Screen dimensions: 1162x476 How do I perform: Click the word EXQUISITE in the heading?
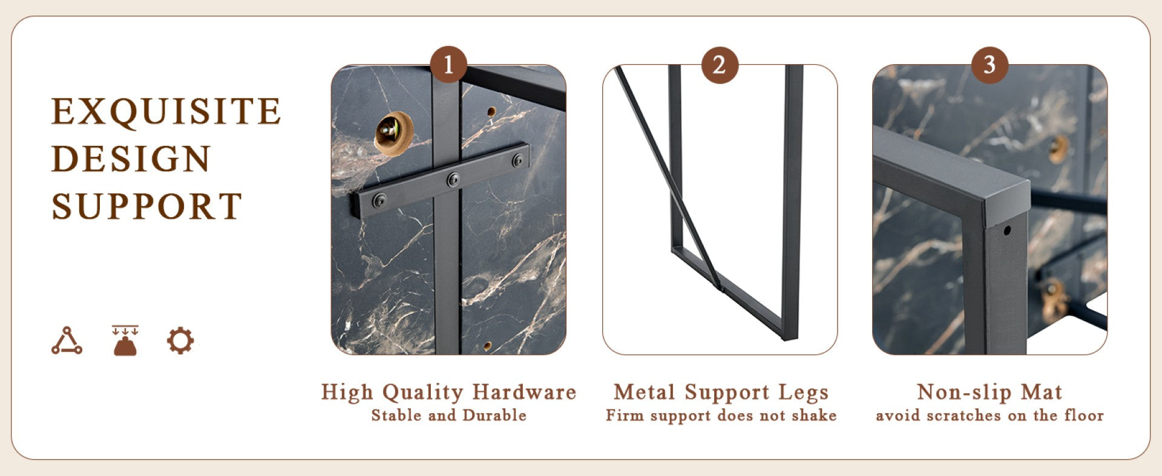166,111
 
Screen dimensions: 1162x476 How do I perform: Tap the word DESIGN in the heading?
131,158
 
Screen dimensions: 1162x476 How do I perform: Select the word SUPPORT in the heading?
147,206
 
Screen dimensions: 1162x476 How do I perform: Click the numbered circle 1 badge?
448,65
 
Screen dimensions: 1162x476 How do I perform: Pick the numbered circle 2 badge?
720,65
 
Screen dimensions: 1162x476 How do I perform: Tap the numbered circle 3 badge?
990,65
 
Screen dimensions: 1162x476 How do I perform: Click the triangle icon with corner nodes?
67,341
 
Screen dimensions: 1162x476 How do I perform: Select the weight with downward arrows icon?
125,340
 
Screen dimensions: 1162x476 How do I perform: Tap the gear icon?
180,341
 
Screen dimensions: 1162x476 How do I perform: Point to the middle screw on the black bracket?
453,180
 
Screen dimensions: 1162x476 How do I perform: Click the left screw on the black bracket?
379,200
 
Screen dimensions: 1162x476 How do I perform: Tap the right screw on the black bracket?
518,160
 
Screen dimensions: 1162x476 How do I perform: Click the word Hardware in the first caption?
524,392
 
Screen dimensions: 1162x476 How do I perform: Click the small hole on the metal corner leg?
1006,230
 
